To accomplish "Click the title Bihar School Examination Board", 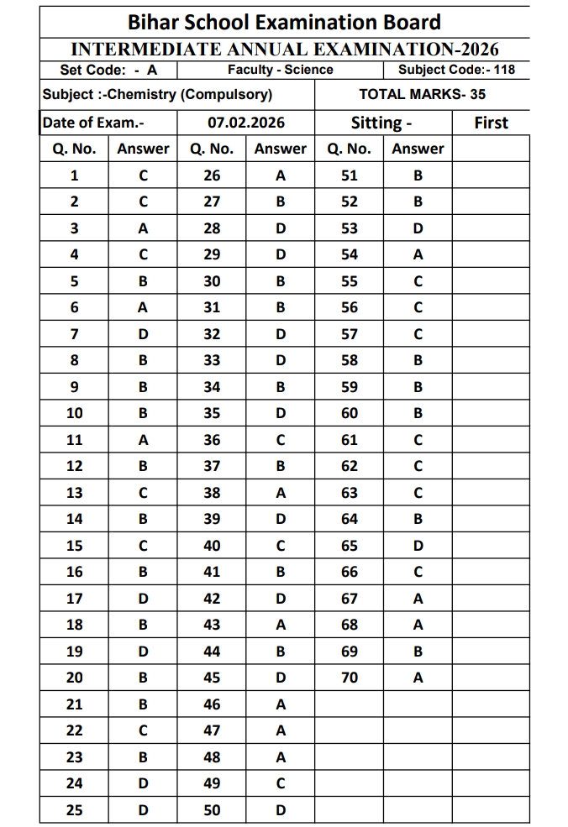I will tap(284, 22).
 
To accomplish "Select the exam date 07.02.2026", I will tap(246, 123).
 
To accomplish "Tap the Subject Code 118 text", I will tap(456, 70).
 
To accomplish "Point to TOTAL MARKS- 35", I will tap(422, 94).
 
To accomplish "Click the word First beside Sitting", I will tap(491, 123).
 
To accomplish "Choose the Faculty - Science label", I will tap(280, 70).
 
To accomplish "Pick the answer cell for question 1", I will tap(143, 175).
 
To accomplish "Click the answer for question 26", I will tap(281, 175).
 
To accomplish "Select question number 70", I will tap(349, 678).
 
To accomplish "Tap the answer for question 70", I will tap(418, 678).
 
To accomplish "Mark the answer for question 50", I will tap(281, 810).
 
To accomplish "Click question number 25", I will tap(74, 810).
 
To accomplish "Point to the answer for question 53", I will tap(418, 228).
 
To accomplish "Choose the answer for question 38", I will tap(281, 493).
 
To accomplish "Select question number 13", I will tap(74, 493).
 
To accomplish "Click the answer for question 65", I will tap(418, 546).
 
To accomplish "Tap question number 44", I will tap(212, 652).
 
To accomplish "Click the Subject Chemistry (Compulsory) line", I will tap(157, 94).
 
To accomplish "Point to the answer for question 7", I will tap(143, 334).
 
